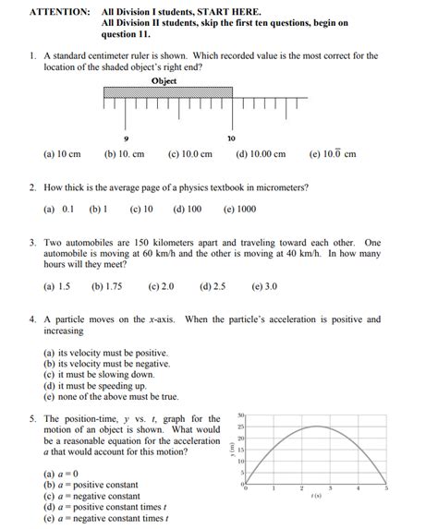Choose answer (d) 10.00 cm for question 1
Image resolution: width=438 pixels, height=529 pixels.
[261, 154]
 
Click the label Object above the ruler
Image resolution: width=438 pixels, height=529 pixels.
[164, 81]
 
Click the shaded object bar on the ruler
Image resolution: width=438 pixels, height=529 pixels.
[166, 92]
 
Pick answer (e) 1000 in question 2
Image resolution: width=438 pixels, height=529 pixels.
[239, 210]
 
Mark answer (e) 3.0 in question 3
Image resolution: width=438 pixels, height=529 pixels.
[263, 287]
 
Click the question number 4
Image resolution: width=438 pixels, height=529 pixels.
[32, 320]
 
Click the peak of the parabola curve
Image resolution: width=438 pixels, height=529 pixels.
[315, 426]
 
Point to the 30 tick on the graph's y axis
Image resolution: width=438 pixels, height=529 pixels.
[240, 415]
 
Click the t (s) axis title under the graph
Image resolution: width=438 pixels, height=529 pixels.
[315, 496]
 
